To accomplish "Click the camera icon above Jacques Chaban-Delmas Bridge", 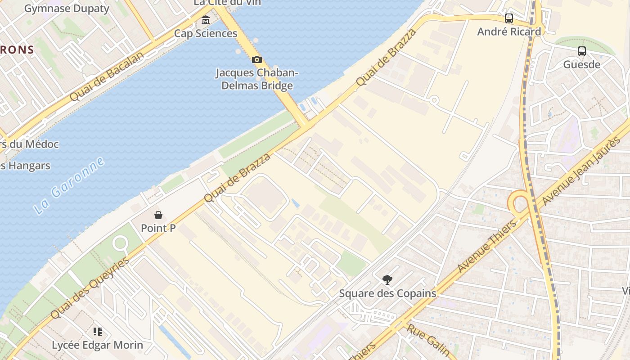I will pyautogui.click(x=256, y=59).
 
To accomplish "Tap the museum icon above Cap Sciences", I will pyautogui.click(x=206, y=20).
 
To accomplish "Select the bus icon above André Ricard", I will pyautogui.click(x=508, y=18).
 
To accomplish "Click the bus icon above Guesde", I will pyautogui.click(x=581, y=51).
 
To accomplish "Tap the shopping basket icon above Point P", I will pyautogui.click(x=158, y=215).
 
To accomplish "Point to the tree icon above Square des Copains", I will pyautogui.click(x=387, y=280).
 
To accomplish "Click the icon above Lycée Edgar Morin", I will pyautogui.click(x=97, y=332).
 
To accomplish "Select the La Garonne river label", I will pyautogui.click(x=69, y=185).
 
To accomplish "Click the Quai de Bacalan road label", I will pyautogui.click(x=107, y=76).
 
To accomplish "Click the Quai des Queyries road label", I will pyautogui.click(x=90, y=288).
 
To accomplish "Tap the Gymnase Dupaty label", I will pyautogui.click(x=67, y=8).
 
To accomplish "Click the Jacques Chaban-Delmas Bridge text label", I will pyautogui.click(x=257, y=79).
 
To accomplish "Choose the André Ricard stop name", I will pyautogui.click(x=508, y=31).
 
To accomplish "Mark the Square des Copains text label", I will pyautogui.click(x=387, y=293).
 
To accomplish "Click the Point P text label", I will pyautogui.click(x=158, y=228).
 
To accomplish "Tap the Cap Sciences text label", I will pyautogui.click(x=206, y=33).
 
